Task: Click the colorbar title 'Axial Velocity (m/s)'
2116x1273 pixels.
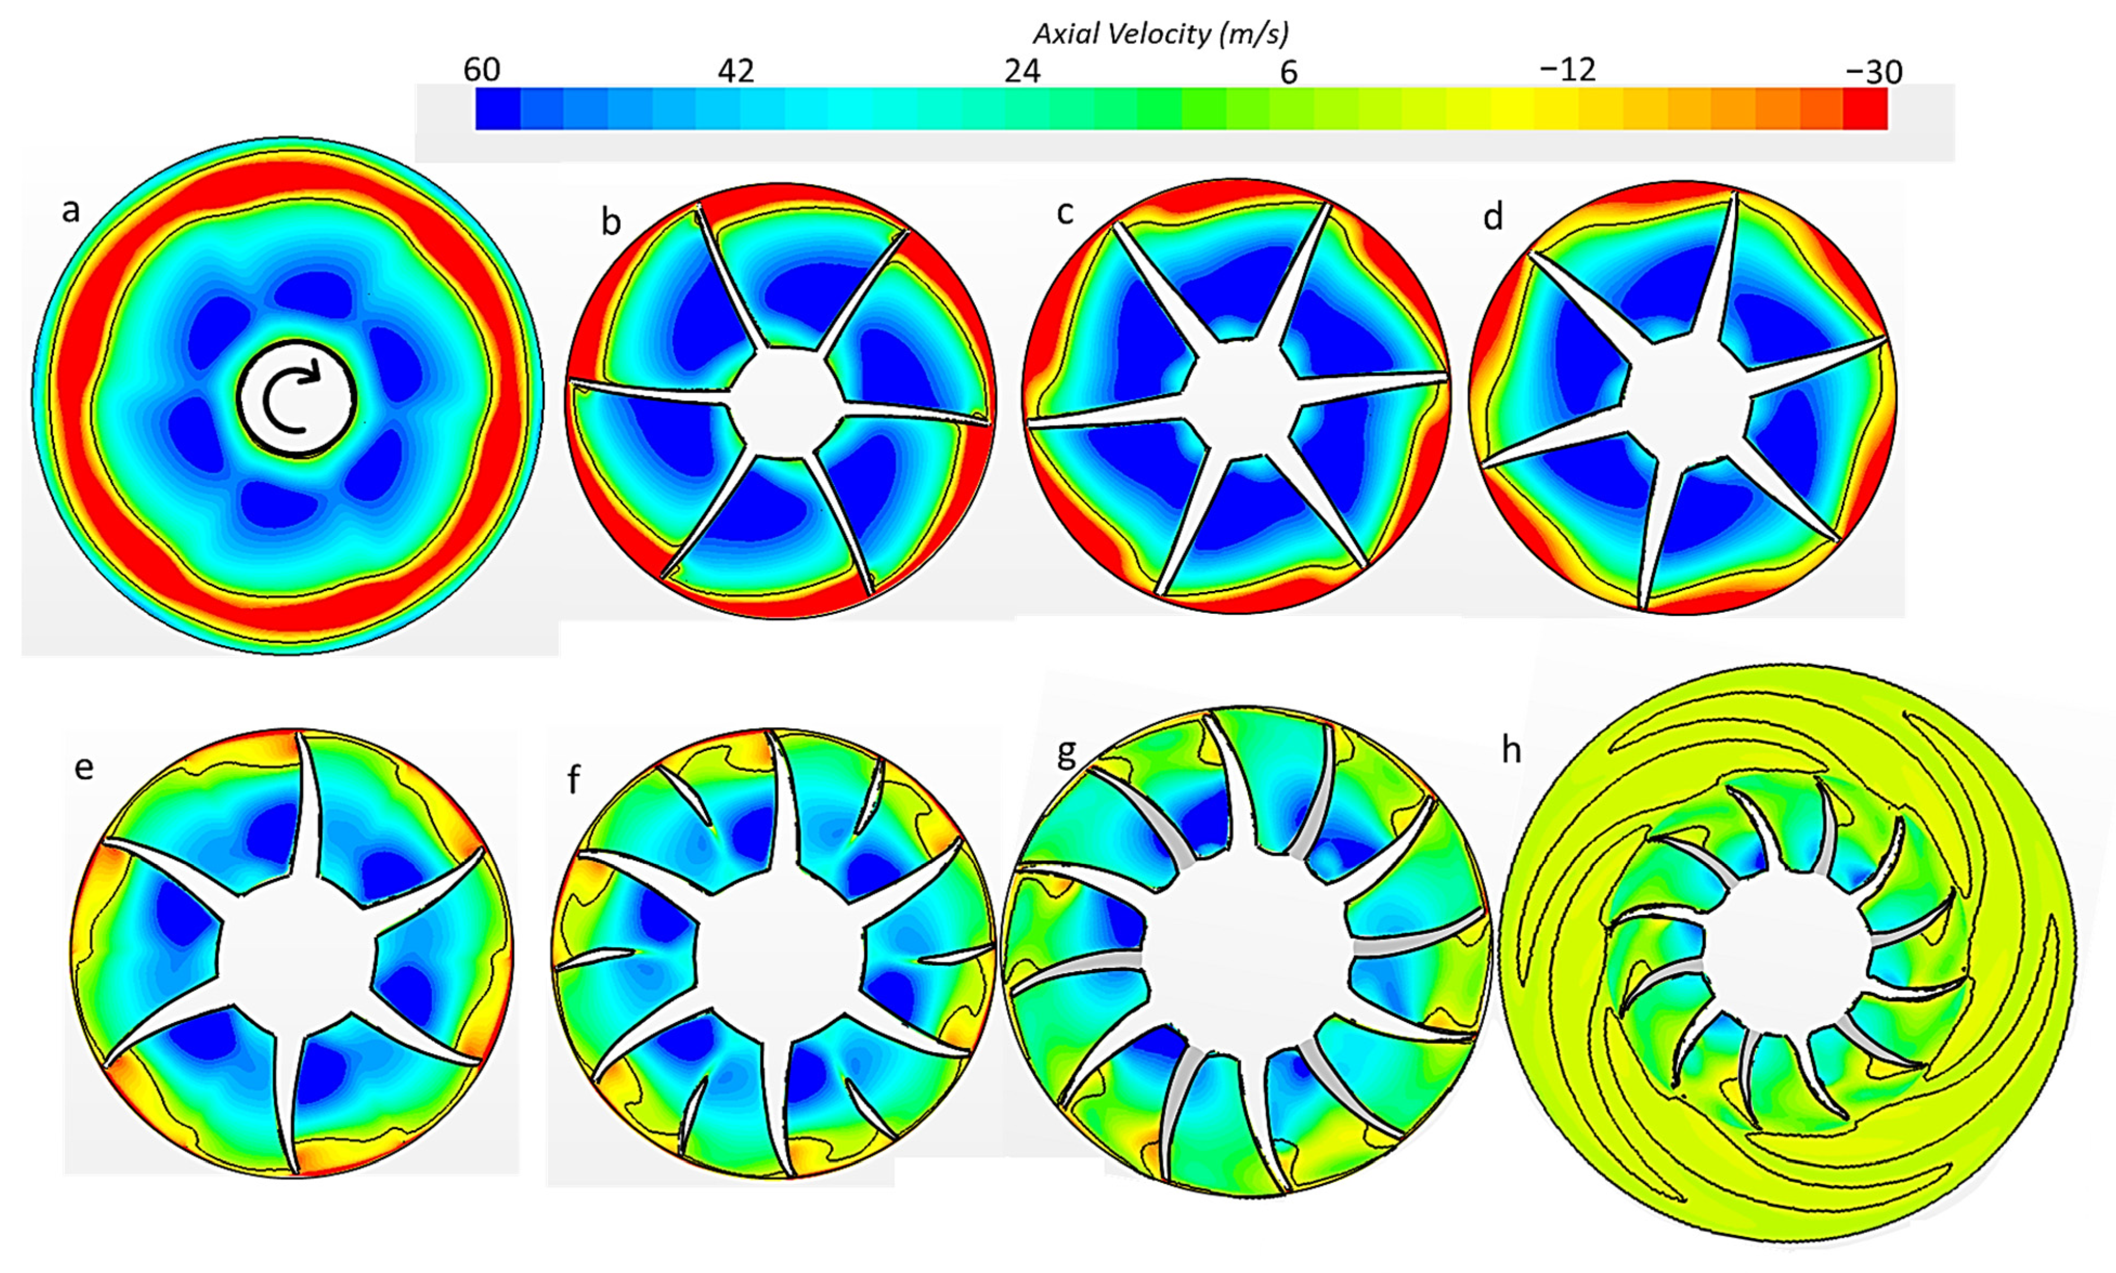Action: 1160,33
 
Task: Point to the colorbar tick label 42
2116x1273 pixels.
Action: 736,71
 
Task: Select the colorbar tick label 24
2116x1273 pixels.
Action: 1022,71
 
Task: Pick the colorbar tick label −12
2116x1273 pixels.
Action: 1568,70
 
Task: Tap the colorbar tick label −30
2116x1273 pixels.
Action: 1873,72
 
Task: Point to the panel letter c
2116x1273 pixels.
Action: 1065,212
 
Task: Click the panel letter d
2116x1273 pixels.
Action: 1493,217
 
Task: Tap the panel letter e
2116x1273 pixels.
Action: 83,766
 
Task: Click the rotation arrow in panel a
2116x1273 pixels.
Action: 296,399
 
